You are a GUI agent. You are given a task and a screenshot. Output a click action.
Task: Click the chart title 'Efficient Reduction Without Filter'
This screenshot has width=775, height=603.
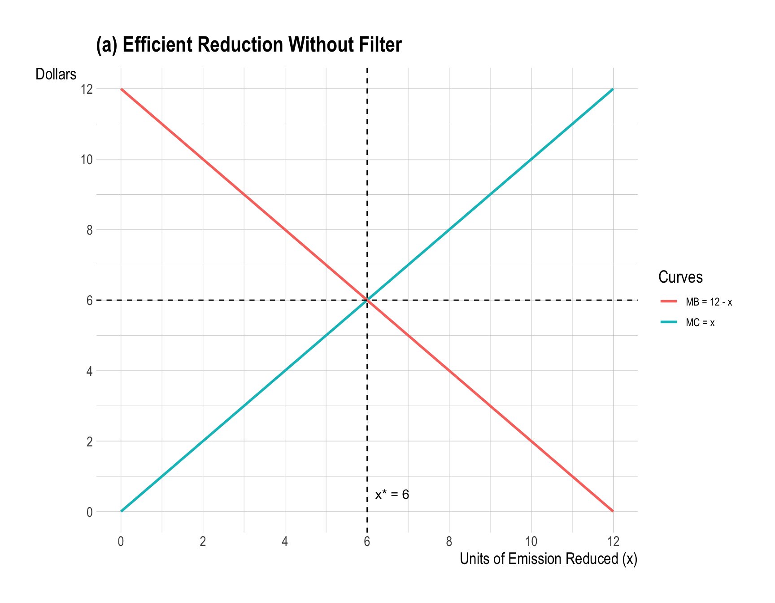coord(249,45)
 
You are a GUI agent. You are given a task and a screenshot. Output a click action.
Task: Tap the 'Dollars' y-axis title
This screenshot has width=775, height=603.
coord(56,74)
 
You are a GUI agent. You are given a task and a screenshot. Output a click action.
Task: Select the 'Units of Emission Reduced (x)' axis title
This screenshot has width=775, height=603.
coord(548,559)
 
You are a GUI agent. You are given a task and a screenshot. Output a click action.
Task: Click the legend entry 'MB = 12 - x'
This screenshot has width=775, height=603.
coord(709,302)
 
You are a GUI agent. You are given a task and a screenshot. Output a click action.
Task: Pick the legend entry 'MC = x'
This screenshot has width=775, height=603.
coord(700,323)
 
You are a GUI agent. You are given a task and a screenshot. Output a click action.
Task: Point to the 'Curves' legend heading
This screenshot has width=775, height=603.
coord(680,277)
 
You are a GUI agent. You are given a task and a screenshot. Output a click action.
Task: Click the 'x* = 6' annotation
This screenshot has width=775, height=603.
coord(392,495)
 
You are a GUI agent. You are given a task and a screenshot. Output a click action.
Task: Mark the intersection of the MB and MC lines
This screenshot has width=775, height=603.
coord(367,300)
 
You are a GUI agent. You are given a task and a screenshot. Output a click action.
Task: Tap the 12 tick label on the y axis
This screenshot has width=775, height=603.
coord(87,89)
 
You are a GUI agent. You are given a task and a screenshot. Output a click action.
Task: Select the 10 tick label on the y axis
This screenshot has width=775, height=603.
coord(87,160)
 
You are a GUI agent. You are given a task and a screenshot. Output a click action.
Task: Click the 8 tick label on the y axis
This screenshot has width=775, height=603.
coord(90,230)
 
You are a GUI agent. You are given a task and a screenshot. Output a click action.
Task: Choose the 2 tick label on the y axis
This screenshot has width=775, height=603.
coord(90,441)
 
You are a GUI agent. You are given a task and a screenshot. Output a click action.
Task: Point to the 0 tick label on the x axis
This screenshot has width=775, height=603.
coord(121,542)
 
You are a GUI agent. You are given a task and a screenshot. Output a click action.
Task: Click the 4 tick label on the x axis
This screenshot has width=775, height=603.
coord(285,542)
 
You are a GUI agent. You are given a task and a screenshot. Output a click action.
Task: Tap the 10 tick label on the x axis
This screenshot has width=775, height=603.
coord(531,542)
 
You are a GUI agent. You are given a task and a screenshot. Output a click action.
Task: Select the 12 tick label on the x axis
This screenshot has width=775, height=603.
coord(613,542)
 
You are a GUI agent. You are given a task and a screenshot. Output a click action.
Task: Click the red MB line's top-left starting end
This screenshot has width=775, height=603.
coord(122,89)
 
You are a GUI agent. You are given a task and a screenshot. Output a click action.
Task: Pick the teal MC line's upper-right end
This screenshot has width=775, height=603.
coord(613,89)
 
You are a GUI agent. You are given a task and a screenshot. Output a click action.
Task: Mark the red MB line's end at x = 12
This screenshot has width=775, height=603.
coord(613,511)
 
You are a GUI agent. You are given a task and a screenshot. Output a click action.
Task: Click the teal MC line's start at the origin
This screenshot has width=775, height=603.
coord(122,511)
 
